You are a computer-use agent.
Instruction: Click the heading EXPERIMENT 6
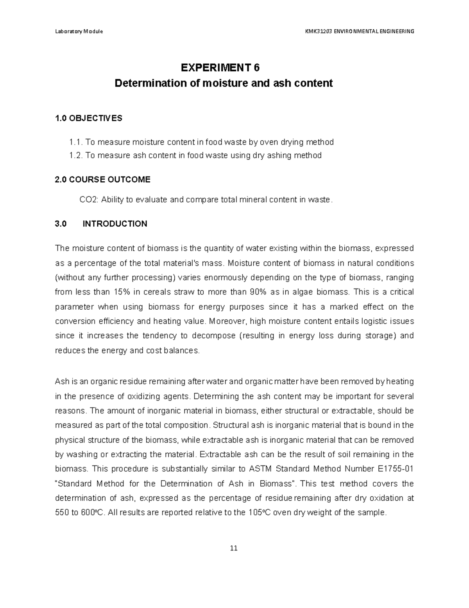220,68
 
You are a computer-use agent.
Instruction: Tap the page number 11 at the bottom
234,548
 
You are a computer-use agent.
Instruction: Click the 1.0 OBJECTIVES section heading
89,118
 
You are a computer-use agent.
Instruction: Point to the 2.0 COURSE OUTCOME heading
103,180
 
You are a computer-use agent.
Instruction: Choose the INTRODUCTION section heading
115,224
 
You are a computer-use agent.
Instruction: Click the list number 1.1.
75,142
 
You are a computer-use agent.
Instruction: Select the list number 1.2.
75,155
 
